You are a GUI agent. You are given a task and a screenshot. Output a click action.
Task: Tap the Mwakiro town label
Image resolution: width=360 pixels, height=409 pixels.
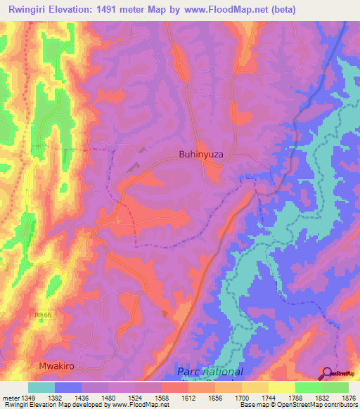(56, 367)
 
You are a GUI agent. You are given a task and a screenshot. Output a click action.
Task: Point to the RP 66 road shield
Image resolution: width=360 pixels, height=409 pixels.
(44, 318)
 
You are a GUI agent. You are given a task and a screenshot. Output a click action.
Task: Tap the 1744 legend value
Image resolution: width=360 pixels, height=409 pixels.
(267, 397)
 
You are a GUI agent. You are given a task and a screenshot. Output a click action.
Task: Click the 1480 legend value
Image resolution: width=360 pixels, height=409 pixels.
(108, 397)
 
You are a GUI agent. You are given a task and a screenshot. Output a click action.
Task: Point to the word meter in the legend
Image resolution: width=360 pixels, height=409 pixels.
(10, 397)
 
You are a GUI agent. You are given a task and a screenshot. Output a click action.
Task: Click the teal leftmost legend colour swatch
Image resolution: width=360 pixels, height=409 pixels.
(41, 387)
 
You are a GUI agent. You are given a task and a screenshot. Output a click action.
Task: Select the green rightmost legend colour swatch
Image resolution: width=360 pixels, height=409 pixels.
(335, 387)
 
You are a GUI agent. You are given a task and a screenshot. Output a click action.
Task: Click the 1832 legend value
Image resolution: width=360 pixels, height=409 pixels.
(321, 397)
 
